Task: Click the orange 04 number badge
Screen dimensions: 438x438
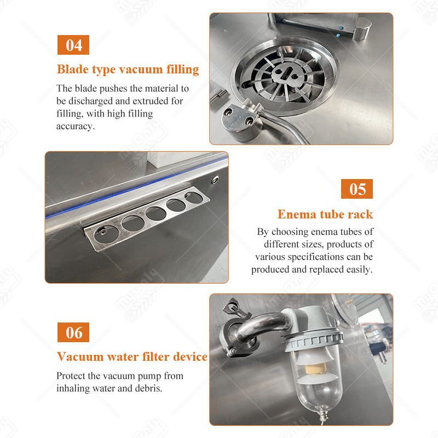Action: tap(73, 45)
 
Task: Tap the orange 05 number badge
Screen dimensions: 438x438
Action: tap(357, 189)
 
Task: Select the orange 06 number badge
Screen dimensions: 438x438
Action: tap(73, 332)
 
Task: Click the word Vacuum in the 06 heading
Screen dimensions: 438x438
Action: tap(80, 357)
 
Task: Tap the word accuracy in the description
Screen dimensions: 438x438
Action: tap(74, 126)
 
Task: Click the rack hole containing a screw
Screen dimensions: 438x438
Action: tap(106, 234)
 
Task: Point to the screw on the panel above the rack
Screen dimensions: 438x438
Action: tap(215, 180)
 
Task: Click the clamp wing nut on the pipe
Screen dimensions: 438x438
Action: tap(232, 307)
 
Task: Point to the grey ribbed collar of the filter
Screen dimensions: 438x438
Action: tap(313, 339)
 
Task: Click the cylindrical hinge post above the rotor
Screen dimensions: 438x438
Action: tap(361, 28)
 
